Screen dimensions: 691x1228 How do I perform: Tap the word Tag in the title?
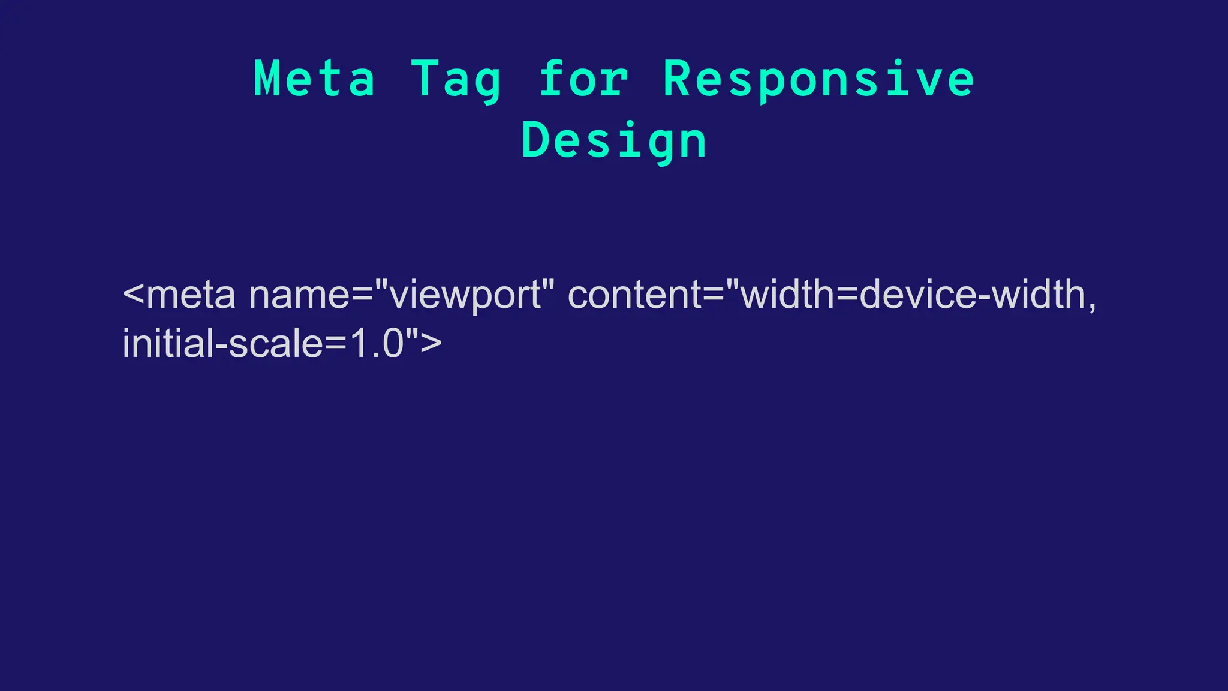pos(456,80)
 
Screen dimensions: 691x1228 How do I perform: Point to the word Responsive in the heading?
pos(818,80)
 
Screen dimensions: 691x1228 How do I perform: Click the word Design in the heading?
pos(614,142)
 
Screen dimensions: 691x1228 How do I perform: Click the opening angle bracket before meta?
pos(133,295)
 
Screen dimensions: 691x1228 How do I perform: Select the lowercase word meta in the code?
pos(191,295)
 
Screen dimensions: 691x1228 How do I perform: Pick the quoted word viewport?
pos(465,296)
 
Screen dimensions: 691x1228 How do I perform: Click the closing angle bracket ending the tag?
pos(431,344)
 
